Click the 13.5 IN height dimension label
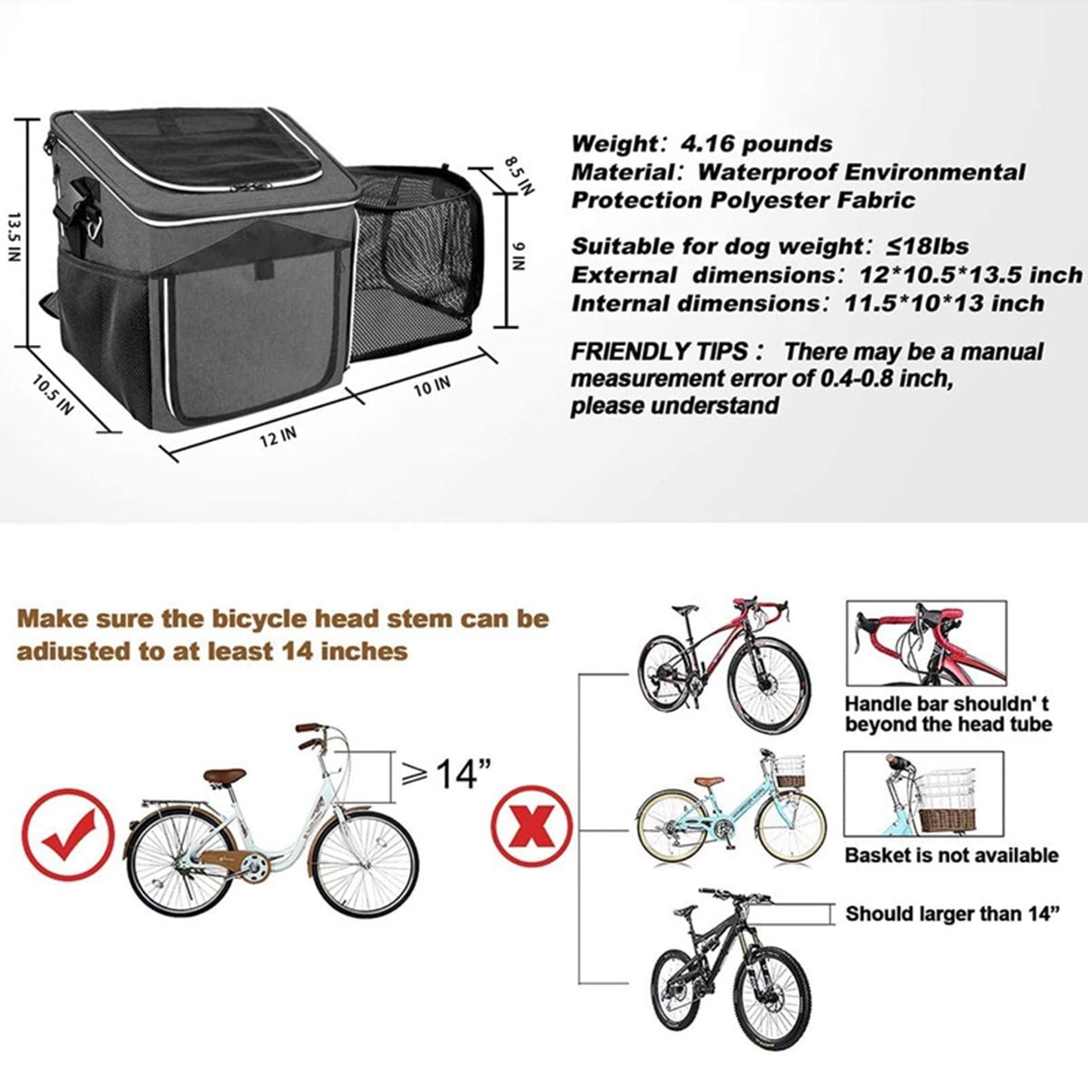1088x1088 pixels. (14, 237)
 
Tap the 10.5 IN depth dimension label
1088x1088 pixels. (52, 395)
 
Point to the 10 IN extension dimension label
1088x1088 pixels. (432, 386)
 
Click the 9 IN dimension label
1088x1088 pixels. (519, 256)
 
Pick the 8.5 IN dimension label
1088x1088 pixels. (518, 176)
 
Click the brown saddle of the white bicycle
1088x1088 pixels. (224, 776)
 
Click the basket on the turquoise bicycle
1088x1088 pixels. (789, 771)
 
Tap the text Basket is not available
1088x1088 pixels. (952, 855)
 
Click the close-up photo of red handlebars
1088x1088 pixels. (926, 643)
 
